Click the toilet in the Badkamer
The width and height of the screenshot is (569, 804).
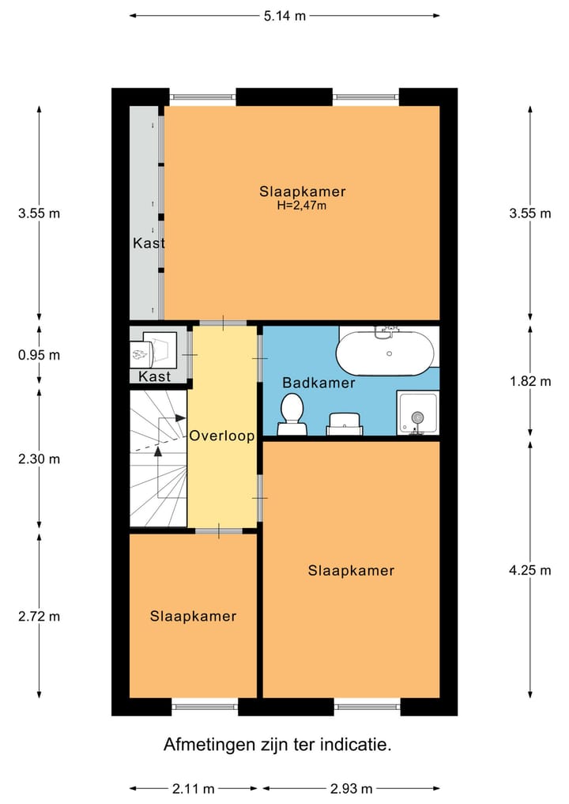(292, 414)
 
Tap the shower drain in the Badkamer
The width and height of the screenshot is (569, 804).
(418, 418)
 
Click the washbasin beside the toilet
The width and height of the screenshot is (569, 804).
(345, 424)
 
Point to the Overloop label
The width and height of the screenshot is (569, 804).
(222, 436)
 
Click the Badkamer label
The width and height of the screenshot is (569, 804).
(318, 383)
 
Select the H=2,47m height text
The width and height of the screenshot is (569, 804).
(301, 206)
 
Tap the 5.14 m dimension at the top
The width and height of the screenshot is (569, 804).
(284, 16)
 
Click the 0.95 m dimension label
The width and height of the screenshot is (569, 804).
(39, 355)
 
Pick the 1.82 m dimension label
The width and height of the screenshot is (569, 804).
(530, 381)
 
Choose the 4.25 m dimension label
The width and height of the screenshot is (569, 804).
(530, 570)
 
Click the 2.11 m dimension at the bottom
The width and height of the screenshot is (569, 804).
(194, 789)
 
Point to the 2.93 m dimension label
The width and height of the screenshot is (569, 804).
(351, 789)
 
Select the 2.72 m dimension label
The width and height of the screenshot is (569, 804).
(39, 616)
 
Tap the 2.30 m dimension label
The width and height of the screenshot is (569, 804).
(39, 459)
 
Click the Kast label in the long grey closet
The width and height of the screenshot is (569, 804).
(149, 243)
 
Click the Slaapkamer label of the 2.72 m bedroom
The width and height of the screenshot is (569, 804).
(194, 616)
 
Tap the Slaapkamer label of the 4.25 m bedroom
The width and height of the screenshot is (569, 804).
(351, 570)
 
